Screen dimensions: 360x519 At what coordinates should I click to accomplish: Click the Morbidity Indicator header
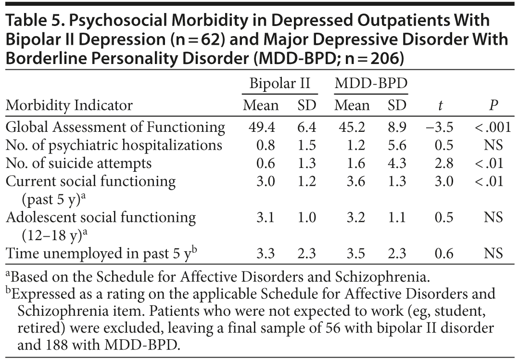pyautogui.click(x=69, y=105)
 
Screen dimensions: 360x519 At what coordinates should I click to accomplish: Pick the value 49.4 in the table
pyautogui.click(x=261, y=127)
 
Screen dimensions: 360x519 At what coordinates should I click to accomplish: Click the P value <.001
pyautogui.click(x=488, y=127)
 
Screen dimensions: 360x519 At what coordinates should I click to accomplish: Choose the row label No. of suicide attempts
pyautogui.click(x=78, y=163)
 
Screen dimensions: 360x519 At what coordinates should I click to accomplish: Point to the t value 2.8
pyautogui.click(x=443, y=163)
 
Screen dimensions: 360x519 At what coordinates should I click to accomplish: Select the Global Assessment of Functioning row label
pyautogui.click(x=115, y=127)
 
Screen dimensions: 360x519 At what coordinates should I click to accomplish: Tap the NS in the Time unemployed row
pyautogui.click(x=493, y=254)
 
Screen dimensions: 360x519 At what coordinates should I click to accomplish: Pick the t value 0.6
pyautogui.click(x=443, y=254)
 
